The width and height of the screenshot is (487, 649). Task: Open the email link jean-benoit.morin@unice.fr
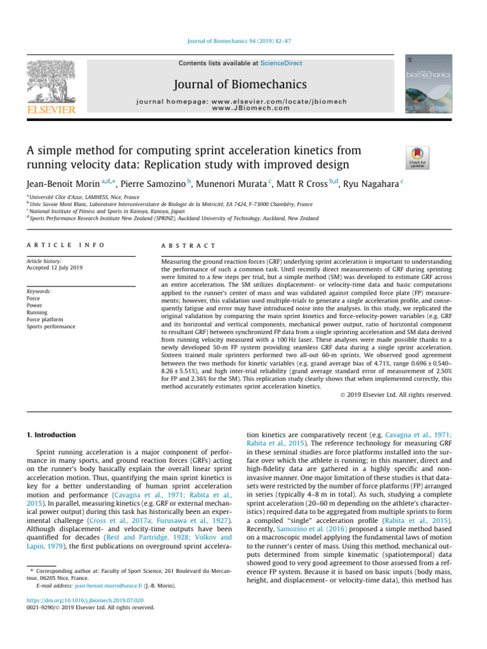pos(110,585)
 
